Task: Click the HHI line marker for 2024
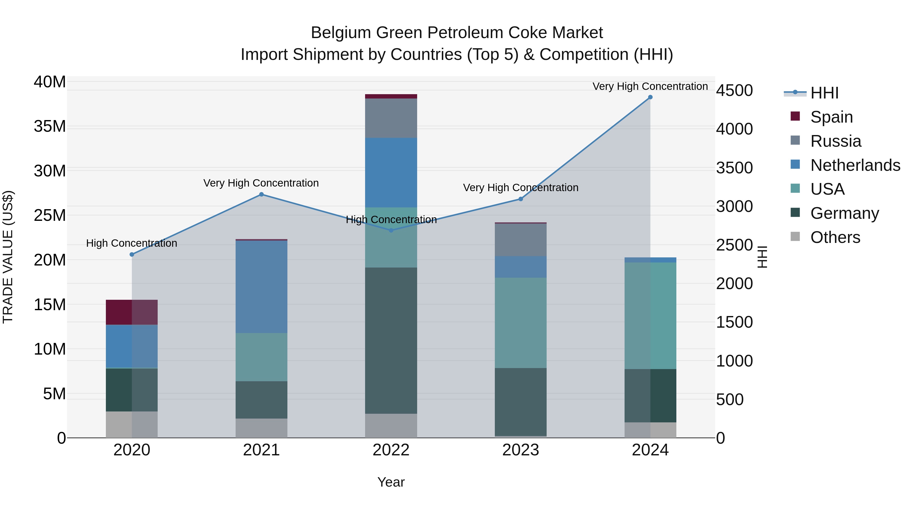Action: [650, 97]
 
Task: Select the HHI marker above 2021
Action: [262, 194]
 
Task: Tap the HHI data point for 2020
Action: [132, 254]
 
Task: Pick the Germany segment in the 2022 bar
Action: [391, 341]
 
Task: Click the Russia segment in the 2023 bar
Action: [520, 240]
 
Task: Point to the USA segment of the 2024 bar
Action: [650, 316]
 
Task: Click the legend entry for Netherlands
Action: [855, 165]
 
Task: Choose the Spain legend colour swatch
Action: [795, 116]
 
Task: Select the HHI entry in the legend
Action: [824, 93]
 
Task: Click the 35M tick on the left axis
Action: [50, 127]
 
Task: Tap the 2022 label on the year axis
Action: [391, 450]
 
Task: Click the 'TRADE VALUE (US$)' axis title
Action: [8, 257]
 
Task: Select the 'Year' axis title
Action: [391, 482]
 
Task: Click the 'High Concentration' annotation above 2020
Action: [132, 243]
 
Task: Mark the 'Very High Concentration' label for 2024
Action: [650, 86]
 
